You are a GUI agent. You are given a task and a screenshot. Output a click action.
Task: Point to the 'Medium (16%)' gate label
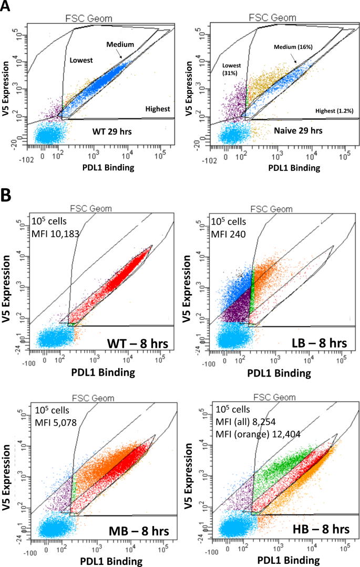[292, 47]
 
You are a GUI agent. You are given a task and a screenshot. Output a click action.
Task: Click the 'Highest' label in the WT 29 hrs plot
[158, 109]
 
